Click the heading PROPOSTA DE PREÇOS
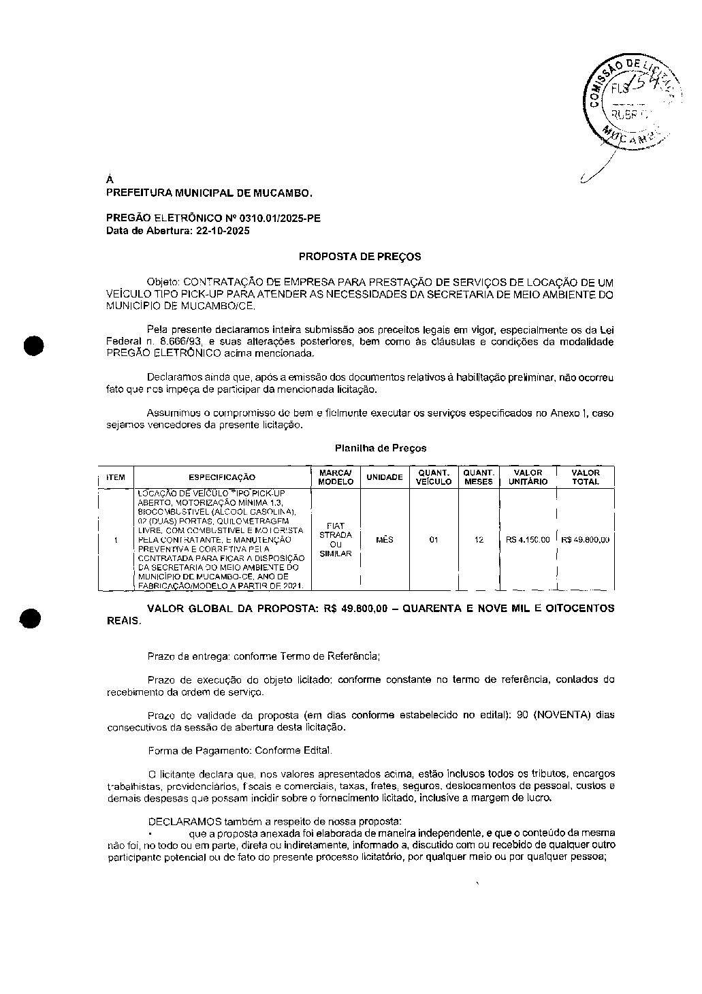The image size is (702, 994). pyautogui.click(x=360, y=257)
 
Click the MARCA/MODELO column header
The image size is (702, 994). pyautogui.click(x=336, y=477)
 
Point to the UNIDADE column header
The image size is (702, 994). pyautogui.click(x=385, y=477)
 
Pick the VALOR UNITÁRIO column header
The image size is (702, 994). pyautogui.click(x=528, y=477)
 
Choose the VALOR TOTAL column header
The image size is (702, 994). pyautogui.click(x=586, y=477)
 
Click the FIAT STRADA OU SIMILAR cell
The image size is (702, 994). pyautogui.click(x=336, y=539)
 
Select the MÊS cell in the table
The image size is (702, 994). pyautogui.click(x=385, y=539)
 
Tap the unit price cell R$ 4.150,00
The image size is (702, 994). pyautogui.click(x=528, y=539)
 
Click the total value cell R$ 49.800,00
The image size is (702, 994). pyautogui.click(x=586, y=539)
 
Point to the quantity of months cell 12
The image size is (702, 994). pyautogui.click(x=479, y=539)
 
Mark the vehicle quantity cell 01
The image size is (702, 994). pyautogui.click(x=434, y=539)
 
